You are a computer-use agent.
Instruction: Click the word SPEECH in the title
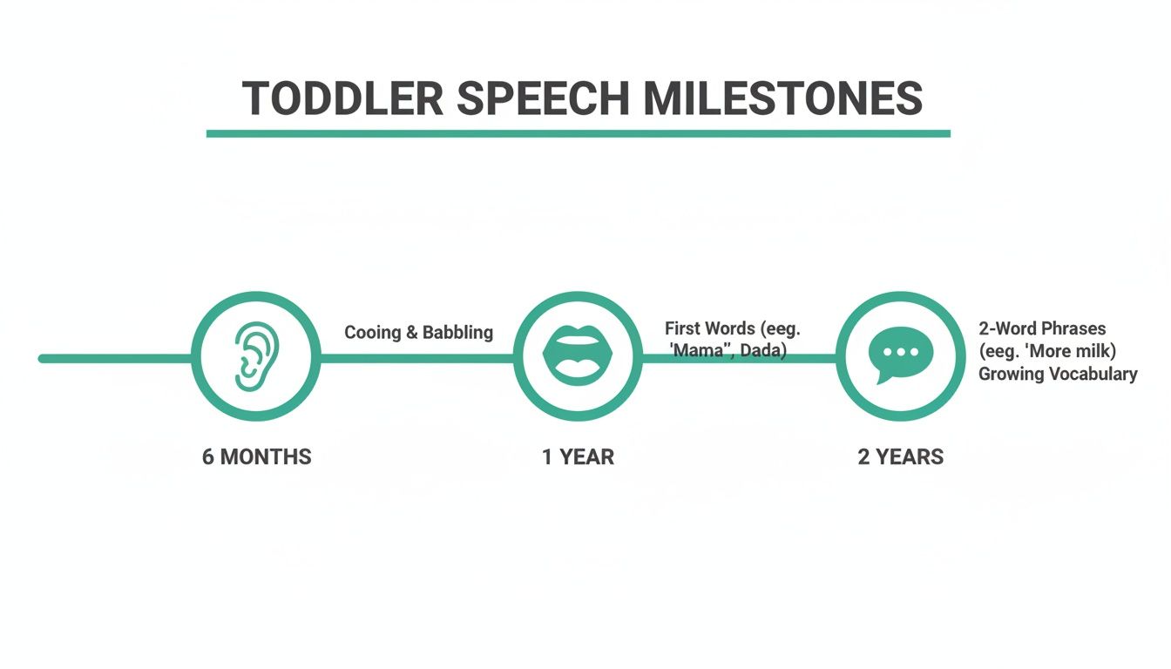coord(542,98)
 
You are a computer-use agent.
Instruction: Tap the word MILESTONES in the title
coord(782,98)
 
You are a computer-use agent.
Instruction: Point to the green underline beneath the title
coord(578,133)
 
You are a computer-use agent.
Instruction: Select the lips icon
coord(578,356)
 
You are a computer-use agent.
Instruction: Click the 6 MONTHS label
coord(256,456)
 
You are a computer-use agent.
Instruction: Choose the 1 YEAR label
coord(578,456)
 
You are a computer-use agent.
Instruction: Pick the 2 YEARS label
coord(900,456)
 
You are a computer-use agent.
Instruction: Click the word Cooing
coord(371,332)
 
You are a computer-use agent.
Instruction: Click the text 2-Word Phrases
coord(1042,328)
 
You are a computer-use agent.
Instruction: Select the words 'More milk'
coord(1072,351)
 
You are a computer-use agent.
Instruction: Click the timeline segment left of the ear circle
coord(113,358)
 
